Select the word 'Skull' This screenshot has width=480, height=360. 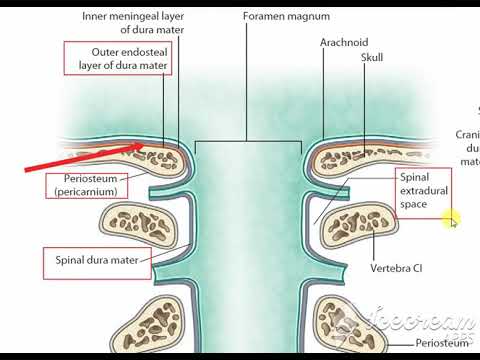371,59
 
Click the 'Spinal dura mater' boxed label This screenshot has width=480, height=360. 96,264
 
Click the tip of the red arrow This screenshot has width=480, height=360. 157,144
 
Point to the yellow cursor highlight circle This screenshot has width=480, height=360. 451,220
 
